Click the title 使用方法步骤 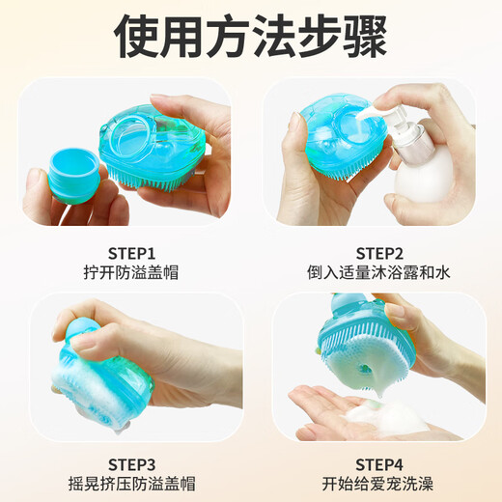pyautogui.click(x=250, y=36)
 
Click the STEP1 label pyautogui.click(x=131, y=254)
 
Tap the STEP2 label pyautogui.click(x=379, y=254)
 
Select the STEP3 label pyautogui.click(x=131, y=464)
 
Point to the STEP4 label pyautogui.click(x=379, y=464)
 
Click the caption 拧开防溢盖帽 pyautogui.click(x=131, y=272)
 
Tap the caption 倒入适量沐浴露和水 pyautogui.click(x=378, y=272)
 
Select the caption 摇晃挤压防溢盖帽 pyautogui.click(x=131, y=484)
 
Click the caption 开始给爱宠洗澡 pyautogui.click(x=377, y=484)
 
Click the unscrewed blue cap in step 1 pyautogui.click(x=74, y=176)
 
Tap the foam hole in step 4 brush pyautogui.click(x=364, y=368)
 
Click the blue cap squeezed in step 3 pyautogui.click(x=81, y=331)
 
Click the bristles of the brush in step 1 pyautogui.click(x=154, y=176)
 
